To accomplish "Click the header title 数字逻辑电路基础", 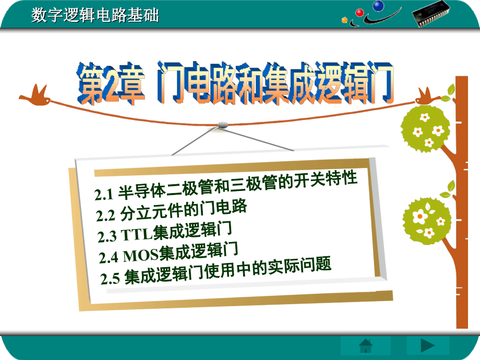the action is point(95,15).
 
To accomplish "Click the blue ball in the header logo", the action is point(378,5).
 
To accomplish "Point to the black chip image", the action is point(430,14).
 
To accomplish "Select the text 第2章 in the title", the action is point(111,83).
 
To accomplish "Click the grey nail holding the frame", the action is point(223,124).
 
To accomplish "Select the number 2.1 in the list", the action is point(104,195).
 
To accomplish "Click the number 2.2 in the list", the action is point(105,215).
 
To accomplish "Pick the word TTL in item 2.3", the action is point(137,234).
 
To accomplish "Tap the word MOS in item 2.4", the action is point(141,256).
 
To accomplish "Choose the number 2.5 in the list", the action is point(110,278).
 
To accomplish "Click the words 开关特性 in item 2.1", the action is point(326,179).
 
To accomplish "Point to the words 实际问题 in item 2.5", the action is point(299,266).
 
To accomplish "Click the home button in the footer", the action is point(366,346).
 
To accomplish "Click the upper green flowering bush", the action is point(425,128).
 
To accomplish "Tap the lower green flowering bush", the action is point(427,220).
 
